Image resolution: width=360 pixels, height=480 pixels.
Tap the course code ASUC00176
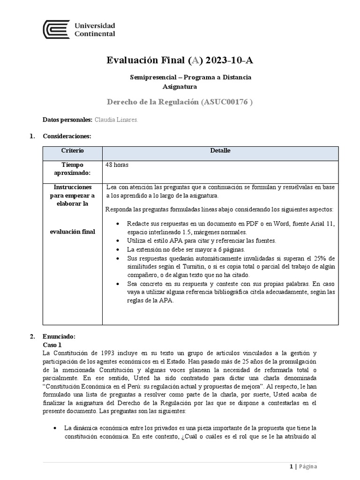click(225, 102)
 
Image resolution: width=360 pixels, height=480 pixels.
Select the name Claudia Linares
click(116, 120)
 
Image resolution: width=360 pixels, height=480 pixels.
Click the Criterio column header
click(72, 150)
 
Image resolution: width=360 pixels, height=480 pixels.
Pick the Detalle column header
click(220, 150)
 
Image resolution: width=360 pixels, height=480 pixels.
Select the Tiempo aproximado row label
click(72, 169)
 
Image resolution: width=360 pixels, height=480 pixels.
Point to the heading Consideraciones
click(67, 136)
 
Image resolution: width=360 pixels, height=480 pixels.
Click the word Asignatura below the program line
click(180, 86)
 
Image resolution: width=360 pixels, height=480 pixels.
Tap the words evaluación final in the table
click(72, 232)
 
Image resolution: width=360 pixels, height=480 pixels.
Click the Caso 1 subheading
click(52, 344)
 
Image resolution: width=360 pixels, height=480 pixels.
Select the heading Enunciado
click(58, 337)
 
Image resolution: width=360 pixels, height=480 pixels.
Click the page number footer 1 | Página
click(303, 466)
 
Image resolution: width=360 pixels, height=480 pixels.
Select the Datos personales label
click(67, 120)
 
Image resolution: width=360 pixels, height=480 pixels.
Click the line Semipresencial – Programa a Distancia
click(190, 77)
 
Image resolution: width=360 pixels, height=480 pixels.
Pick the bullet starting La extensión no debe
click(186, 249)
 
